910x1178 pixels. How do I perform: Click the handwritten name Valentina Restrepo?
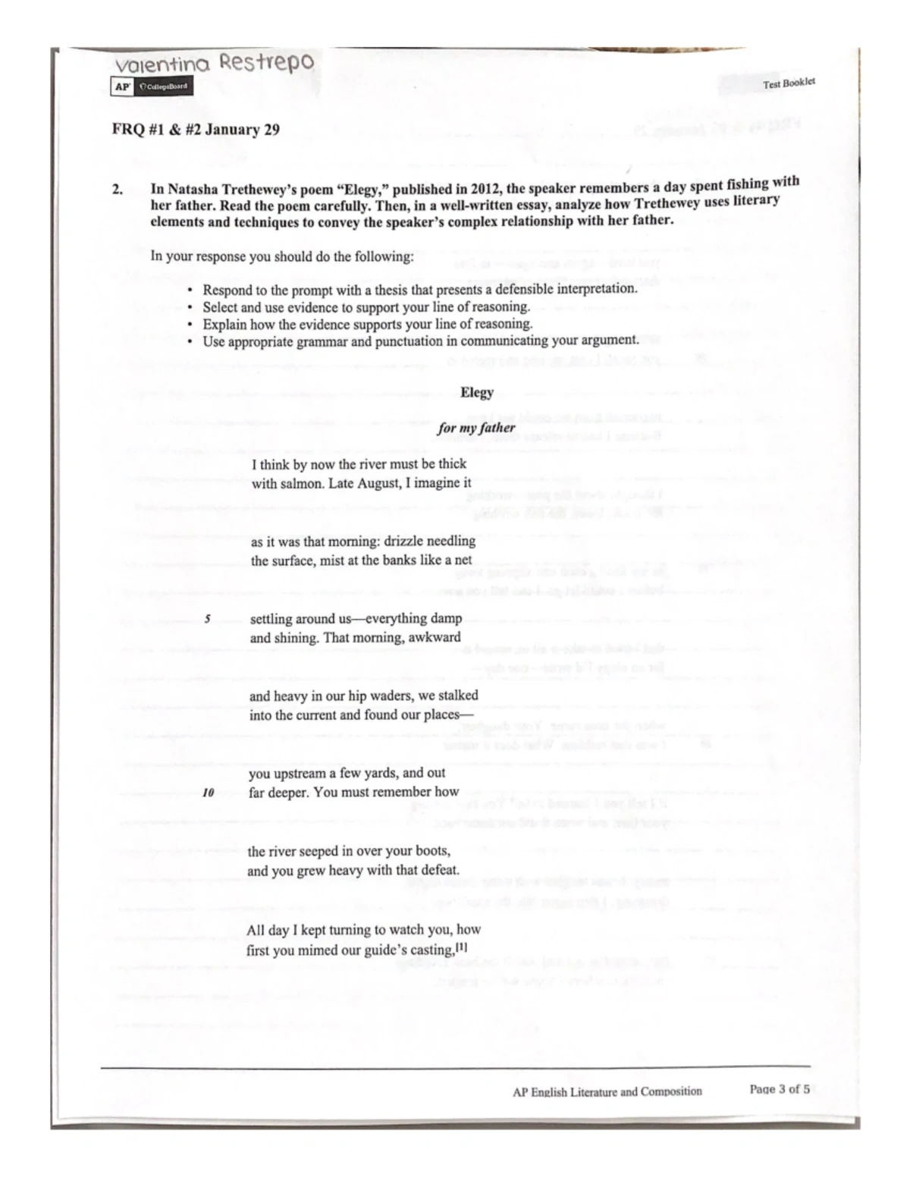(x=214, y=64)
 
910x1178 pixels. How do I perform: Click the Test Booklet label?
(x=789, y=83)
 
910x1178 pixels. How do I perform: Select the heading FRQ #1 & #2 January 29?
(x=196, y=130)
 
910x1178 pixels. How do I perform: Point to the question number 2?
(x=118, y=190)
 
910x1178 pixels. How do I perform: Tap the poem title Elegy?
(x=476, y=392)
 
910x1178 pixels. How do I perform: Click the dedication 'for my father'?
(x=476, y=428)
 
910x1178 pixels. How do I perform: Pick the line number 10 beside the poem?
(x=208, y=793)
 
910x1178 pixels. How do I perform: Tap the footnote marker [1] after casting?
(x=462, y=948)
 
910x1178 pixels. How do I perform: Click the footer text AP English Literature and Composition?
(x=607, y=1091)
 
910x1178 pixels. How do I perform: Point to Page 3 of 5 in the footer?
(x=779, y=1089)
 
